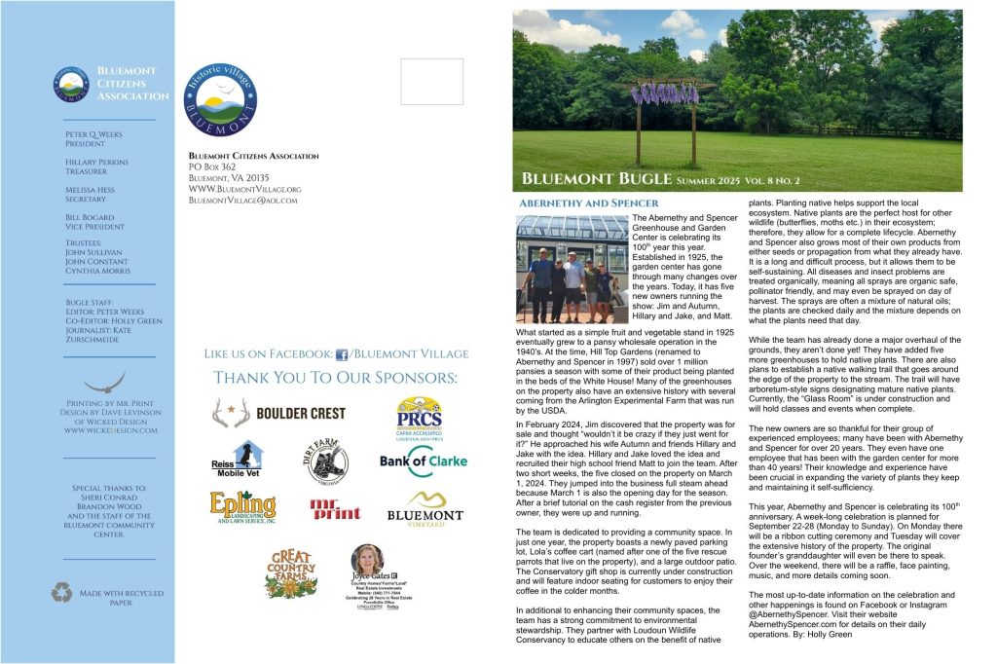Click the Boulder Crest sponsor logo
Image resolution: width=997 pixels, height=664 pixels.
[x=278, y=413]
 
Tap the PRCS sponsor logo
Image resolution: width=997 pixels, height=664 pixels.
[x=419, y=416]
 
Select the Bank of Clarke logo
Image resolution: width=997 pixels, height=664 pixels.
[x=423, y=461]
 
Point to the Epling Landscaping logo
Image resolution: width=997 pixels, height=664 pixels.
[x=242, y=507]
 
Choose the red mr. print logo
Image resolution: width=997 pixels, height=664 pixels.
[x=334, y=508]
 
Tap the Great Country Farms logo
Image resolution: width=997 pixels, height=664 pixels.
[x=291, y=572]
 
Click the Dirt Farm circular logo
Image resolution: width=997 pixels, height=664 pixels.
[x=327, y=462]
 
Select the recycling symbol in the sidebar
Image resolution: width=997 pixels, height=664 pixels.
[x=62, y=592]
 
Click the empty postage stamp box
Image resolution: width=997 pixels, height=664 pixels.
[x=431, y=82]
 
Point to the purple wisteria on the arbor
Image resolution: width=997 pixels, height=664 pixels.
[x=666, y=94]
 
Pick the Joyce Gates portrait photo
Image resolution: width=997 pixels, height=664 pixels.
[x=367, y=561]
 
